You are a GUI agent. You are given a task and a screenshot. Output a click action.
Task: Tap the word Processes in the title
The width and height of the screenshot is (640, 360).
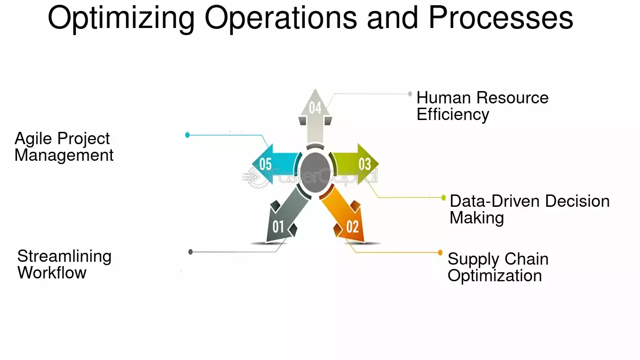[x=501, y=17]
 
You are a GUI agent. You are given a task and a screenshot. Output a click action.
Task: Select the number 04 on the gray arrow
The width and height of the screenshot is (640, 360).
[x=315, y=108]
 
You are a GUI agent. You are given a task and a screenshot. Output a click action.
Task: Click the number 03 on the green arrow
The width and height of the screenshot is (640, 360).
[x=365, y=164]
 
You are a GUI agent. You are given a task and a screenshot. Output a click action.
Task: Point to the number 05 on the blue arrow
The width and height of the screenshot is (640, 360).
[x=265, y=164]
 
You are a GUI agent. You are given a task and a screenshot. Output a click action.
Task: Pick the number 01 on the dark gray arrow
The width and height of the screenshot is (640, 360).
[x=278, y=227]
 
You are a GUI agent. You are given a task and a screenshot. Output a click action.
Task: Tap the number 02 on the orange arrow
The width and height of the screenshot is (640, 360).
[x=352, y=227]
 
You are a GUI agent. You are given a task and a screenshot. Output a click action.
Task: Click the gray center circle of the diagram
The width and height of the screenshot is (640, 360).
[x=315, y=173]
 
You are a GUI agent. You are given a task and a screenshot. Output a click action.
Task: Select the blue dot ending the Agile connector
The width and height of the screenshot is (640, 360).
[x=187, y=135]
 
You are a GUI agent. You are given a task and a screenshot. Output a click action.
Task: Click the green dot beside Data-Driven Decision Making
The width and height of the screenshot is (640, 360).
[x=443, y=198]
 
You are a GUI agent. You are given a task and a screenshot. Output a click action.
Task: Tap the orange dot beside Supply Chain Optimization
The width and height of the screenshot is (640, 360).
[x=440, y=252]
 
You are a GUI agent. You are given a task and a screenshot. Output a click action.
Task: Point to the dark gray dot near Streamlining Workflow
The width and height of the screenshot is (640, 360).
[x=191, y=252]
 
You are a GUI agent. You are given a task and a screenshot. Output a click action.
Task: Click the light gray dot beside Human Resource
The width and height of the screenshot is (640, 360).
[x=410, y=94]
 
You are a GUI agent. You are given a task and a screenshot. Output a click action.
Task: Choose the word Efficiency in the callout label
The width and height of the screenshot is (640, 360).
[x=453, y=115]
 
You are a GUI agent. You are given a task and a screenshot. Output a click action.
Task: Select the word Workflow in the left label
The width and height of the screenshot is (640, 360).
[x=52, y=273]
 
